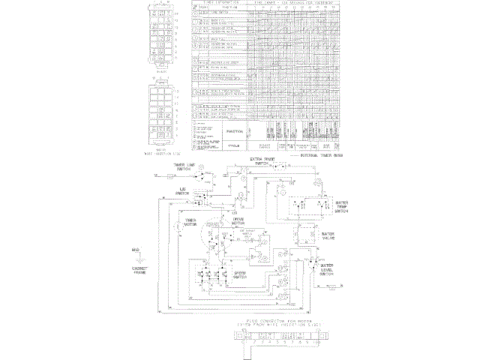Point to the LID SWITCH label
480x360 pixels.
coord(181,191)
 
